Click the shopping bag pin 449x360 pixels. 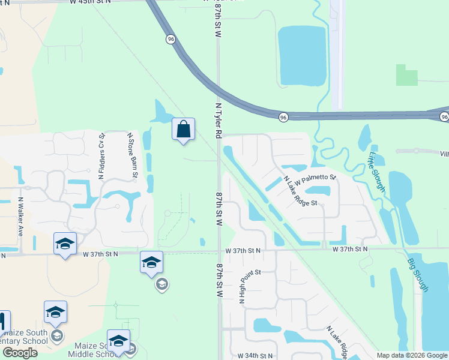click(184, 130)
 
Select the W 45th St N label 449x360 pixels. click(90, 3)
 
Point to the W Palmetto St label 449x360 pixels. click(315, 178)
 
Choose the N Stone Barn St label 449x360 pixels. click(132, 155)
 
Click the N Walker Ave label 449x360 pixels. click(21, 216)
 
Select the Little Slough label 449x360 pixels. click(376, 170)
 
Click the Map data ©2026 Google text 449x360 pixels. click(411, 355)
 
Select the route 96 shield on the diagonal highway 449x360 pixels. click(172, 39)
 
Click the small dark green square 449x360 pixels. click(406, 74)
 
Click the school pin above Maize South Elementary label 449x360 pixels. click(55, 312)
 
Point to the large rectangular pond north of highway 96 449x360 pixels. click(301, 55)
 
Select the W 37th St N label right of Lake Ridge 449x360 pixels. click(348, 249)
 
